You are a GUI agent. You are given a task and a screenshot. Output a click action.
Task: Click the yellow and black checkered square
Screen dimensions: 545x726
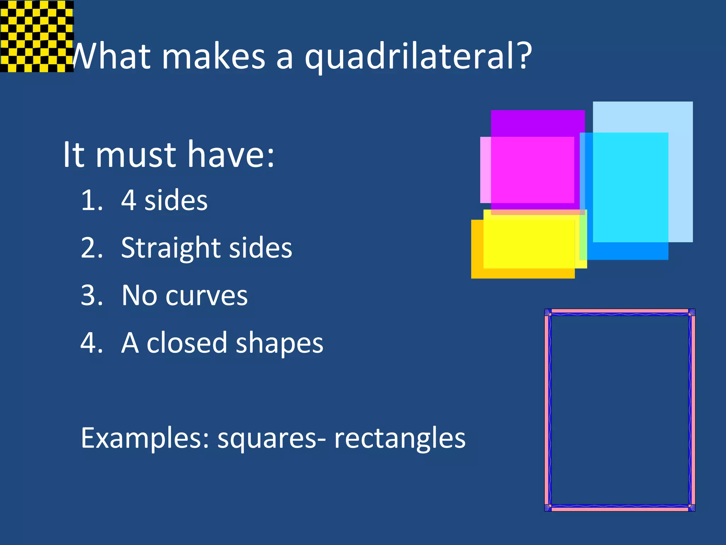(37, 36)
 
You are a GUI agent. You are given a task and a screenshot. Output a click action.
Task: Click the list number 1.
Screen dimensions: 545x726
(91, 200)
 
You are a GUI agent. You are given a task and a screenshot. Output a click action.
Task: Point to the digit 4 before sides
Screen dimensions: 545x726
(128, 200)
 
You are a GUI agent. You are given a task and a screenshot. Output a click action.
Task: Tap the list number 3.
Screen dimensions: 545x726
(91, 295)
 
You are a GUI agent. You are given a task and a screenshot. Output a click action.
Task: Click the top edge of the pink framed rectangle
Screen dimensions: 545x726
(620, 311)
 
